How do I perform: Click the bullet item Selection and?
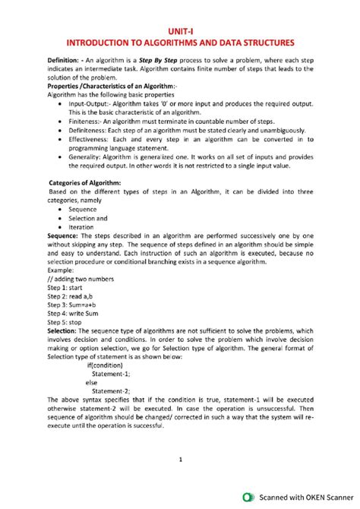87,217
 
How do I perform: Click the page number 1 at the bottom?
180,459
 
